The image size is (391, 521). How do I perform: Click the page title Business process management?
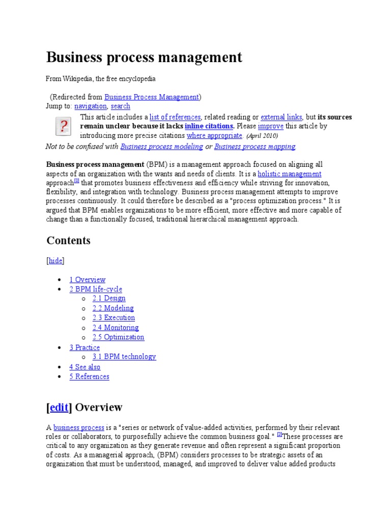(144, 57)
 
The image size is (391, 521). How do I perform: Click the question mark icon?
(63, 126)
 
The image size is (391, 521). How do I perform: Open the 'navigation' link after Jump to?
(91, 106)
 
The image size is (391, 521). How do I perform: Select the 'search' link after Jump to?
(120, 106)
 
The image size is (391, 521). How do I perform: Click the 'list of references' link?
(175, 117)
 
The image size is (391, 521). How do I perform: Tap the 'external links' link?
(281, 117)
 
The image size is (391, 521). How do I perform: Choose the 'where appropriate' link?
(214, 135)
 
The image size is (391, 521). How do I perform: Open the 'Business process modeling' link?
(161, 147)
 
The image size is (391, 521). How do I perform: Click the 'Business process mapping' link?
(255, 147)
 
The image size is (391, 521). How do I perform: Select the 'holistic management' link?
(289, 174)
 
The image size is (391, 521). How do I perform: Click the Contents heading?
(68, 241)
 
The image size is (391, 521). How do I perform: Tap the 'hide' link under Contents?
(55, 260)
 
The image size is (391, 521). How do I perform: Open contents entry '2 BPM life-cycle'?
(96, 289)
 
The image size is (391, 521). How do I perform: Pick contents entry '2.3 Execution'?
(114, 318)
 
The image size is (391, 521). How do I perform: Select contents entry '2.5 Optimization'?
(118, 337)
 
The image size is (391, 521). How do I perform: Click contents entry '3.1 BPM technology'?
(124, 357)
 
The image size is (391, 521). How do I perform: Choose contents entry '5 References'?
(89, 377)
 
